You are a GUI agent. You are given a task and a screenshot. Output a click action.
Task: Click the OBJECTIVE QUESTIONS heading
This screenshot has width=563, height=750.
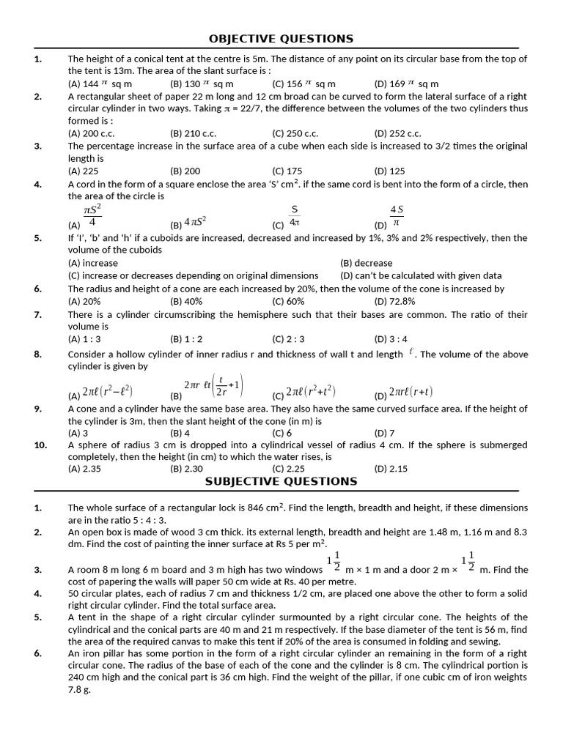click(x=281, y=38)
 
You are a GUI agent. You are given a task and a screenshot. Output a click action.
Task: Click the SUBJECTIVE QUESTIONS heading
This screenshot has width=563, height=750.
click(x=281, y=481)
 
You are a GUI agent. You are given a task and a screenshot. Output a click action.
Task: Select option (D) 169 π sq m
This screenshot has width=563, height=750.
click(x=406, y=83)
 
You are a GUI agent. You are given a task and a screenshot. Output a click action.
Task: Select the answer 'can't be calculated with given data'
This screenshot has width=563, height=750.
click(x=421, y=275)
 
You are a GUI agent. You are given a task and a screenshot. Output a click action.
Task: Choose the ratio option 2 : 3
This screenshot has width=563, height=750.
click(x=288, y=339)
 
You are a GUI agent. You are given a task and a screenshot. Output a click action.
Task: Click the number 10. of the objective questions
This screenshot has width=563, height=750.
click(x=42, y=445)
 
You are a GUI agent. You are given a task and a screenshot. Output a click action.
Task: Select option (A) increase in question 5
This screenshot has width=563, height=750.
click(x=93, y=263)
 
